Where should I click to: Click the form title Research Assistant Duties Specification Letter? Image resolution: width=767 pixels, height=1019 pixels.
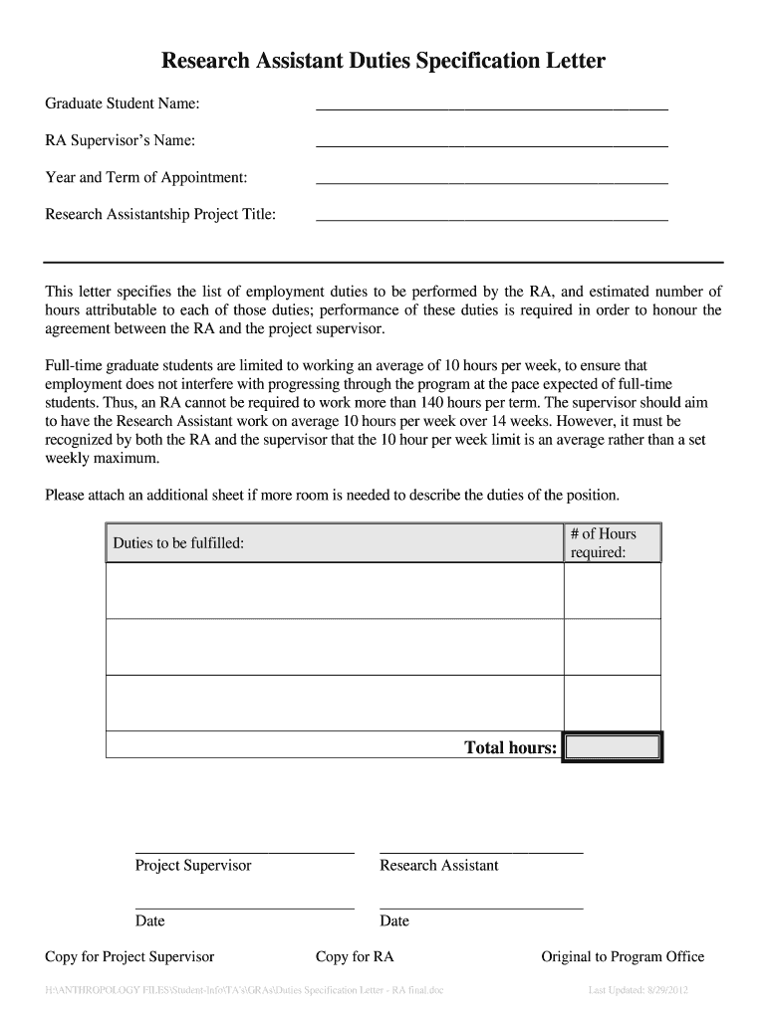(x=383, y=62)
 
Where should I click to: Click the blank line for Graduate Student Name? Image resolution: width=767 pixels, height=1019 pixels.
(x=491, y=107)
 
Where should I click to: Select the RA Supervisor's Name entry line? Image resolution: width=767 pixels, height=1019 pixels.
(x=491, y=144)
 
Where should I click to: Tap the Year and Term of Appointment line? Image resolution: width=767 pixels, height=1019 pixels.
(x=491, y=181)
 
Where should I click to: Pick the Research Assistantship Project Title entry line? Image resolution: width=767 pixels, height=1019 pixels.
(x=491, y=218)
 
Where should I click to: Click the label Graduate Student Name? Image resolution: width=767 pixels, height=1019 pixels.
(x=123, y=103)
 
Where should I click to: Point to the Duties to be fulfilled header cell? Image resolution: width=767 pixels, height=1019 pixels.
(x=334, y=543)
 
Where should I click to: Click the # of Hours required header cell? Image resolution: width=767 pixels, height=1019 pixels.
(x=612, y=543)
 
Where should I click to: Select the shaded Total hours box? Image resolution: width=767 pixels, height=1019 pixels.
(x=612, y=747)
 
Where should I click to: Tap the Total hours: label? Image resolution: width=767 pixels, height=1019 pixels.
(x=510, y=747)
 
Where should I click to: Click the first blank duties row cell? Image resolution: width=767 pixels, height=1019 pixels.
(x=334, y=591)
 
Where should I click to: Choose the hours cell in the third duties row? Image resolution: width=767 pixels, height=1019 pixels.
(x=612, y=704)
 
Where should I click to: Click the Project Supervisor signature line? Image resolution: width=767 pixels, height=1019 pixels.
(x=244, y=852)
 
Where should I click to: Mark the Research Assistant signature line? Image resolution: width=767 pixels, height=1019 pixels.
(x=481, y=852)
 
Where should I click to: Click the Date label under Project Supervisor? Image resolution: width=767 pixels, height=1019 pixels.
(x=150, y=920)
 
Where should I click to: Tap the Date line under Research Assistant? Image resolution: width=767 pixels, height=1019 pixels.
(x=481, y=907)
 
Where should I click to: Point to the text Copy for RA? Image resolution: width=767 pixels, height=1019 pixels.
(x=355, y=957)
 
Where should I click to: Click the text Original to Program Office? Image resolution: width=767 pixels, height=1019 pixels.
(x=623, y=957)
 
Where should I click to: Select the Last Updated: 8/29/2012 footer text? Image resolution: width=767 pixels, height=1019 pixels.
(x=639, y=991)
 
